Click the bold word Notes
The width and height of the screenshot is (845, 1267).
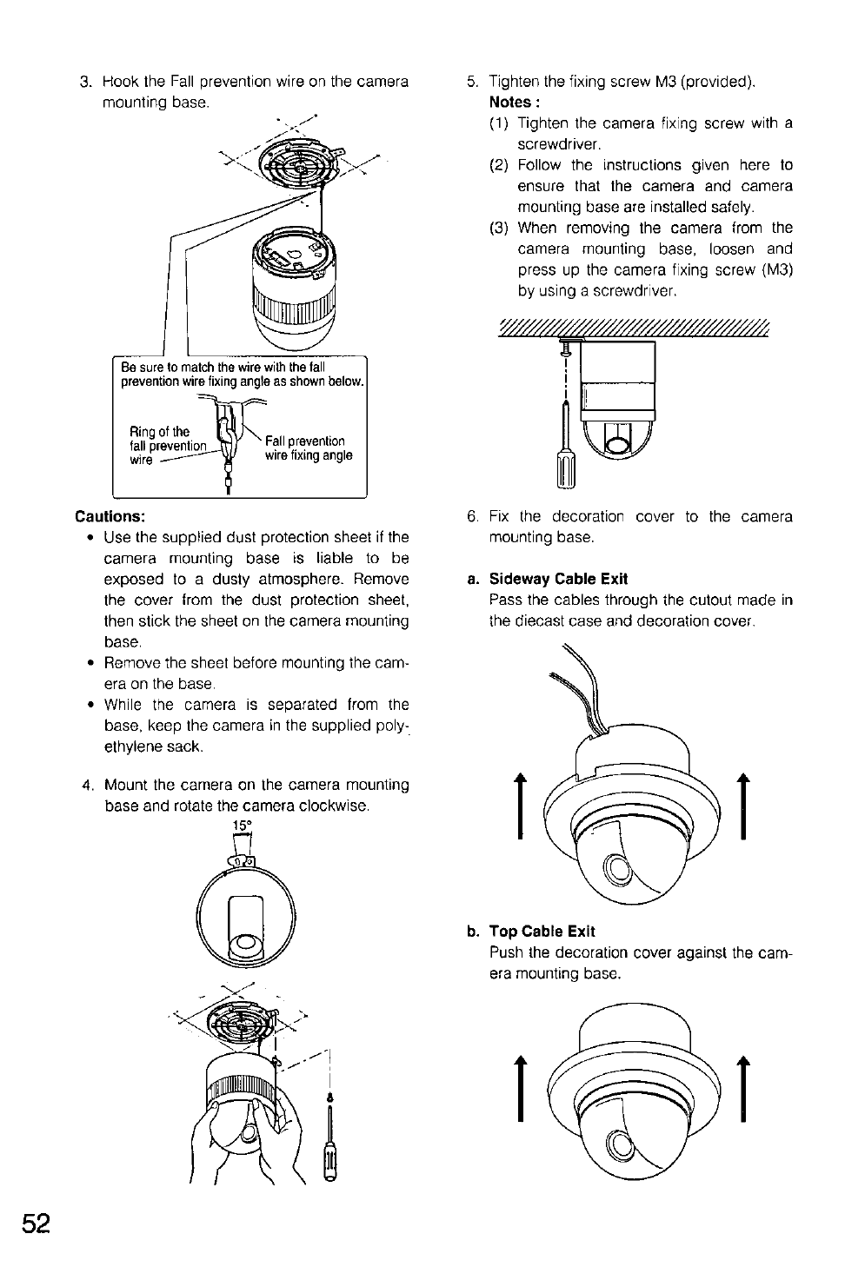point(510,103)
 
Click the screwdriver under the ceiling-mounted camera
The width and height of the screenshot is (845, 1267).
point(566,443)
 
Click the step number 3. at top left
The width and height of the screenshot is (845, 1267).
point(85,82)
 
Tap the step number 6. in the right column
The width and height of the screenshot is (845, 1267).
point(473,516)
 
